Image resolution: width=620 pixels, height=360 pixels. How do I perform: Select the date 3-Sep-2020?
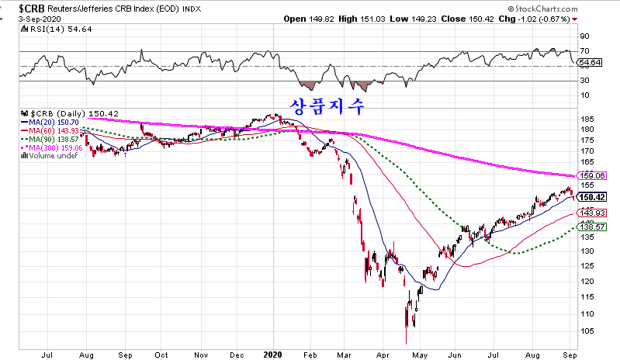tap(23, 18)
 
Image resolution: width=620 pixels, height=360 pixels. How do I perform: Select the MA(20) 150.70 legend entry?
tap(48, 122)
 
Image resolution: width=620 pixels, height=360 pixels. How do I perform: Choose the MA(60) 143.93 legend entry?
tap(48, 130)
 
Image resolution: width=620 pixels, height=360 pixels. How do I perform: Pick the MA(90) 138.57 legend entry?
tap(48, 139)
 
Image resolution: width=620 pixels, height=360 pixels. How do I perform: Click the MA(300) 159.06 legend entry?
tap(50, 147)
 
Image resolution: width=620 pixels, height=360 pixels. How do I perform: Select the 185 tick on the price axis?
tap(588, 118)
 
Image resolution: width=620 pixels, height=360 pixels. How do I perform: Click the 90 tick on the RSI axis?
tap(586, 36)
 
